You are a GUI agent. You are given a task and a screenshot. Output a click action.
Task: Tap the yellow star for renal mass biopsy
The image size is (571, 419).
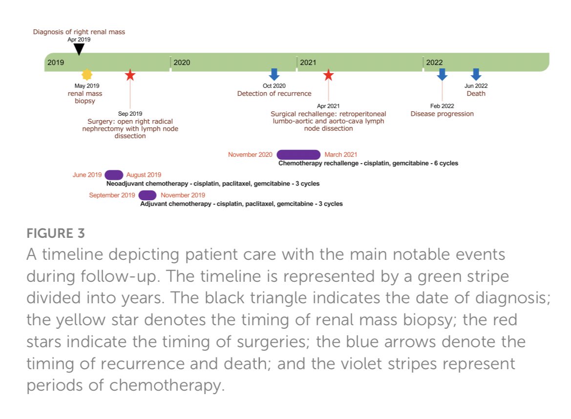(86, 75)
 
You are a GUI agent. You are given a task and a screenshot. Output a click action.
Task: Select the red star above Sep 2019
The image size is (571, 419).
(130, 75)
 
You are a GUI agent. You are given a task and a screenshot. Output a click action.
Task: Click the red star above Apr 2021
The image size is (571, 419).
(328, 75)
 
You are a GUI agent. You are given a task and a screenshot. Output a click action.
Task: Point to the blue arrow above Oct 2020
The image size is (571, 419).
(274, 74)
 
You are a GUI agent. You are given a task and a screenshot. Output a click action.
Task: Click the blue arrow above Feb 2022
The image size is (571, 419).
(442, 74)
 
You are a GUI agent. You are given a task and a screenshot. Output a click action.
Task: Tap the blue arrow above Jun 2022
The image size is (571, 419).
(476, 74)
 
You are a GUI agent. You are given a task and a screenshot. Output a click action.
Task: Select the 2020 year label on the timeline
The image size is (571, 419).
(182, 63)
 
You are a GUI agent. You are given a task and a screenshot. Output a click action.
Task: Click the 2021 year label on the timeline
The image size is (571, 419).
(308, 63)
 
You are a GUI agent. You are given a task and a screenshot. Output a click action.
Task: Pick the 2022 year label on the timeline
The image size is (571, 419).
(434, 63)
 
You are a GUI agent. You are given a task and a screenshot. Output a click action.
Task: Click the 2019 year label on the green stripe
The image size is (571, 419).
(56, 63)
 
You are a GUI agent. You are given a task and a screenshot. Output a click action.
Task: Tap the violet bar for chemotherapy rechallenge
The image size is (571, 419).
(298, 155)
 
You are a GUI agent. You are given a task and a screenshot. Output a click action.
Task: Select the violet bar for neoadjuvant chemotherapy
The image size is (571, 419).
(114, 175)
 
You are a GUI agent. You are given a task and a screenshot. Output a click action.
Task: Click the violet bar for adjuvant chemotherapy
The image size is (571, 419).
(148, 195)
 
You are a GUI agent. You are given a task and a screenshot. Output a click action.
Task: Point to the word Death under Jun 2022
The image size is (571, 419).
(476, 94)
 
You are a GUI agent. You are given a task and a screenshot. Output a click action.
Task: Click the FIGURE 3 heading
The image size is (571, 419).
(56, 233)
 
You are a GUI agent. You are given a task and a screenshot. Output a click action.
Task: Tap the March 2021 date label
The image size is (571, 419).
(341, 155)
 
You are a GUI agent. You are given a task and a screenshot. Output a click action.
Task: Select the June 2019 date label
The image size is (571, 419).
(87, 175)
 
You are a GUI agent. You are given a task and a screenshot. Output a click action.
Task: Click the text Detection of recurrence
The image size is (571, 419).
(274, 94)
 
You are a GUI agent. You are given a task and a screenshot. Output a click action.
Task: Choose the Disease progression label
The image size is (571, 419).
(442, 114)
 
